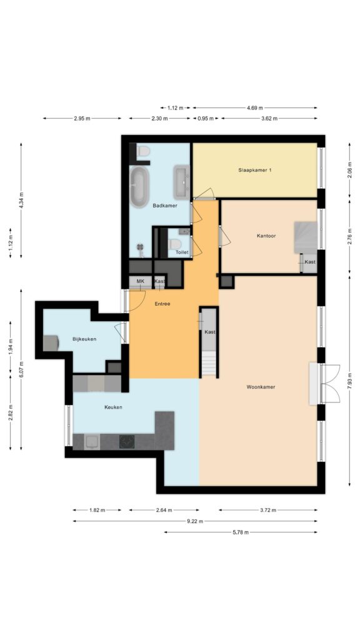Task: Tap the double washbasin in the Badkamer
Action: coord(182,179)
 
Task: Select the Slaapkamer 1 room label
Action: coord(255,170)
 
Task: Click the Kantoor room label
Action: coord(266,236)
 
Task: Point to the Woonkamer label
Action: coord(261,386)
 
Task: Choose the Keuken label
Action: coord(113,407)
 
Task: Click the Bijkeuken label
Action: coord(84,339)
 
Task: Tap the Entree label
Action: coord(162,304)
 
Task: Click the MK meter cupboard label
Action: coord(141,281)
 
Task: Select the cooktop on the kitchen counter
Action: coord(127,441)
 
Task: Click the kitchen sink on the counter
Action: coord(92,441)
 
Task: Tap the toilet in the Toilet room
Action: coord(175,244)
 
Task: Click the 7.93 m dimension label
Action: coord(349,381)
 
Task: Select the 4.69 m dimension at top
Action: coord(255,107)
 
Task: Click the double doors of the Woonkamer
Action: coord(330,384)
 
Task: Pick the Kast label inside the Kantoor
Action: coord(310,262)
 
